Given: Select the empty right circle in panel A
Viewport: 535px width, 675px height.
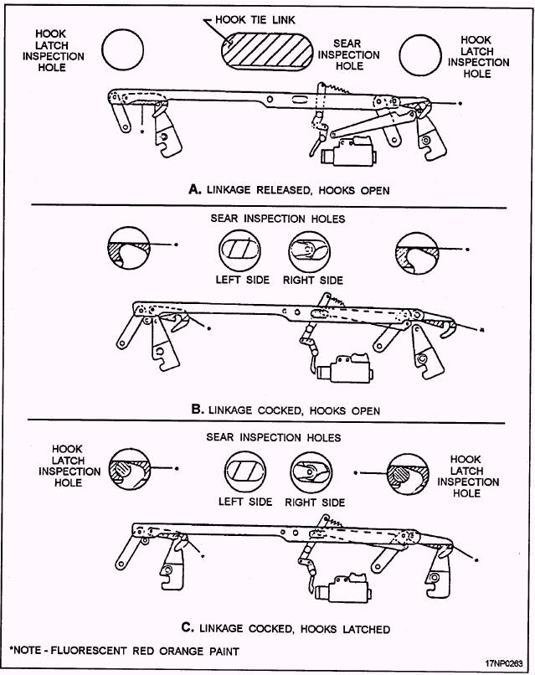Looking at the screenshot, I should pos(420,55).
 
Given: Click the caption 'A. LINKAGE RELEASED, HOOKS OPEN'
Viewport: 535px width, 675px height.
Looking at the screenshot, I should pos(290,190).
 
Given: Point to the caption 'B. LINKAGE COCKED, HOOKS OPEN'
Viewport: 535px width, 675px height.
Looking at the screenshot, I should pos(286,410).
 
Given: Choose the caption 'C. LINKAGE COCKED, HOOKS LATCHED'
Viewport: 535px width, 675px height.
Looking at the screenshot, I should pos(285,628).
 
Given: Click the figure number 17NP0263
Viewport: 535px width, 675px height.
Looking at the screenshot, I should pos(503,662).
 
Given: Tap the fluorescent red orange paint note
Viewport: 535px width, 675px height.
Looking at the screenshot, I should pos(124,651).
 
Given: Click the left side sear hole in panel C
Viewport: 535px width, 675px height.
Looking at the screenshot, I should pos(244,471).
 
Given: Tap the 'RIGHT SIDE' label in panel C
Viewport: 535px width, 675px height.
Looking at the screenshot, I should pos(315,502).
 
